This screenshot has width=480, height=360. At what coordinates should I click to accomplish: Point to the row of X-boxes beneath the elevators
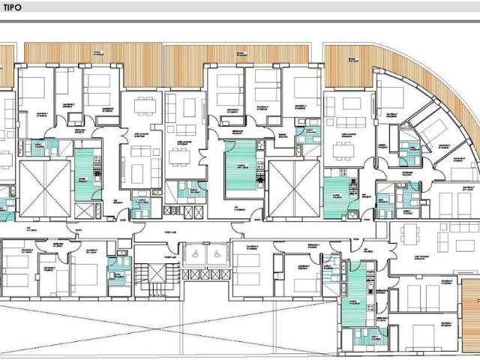203,274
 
